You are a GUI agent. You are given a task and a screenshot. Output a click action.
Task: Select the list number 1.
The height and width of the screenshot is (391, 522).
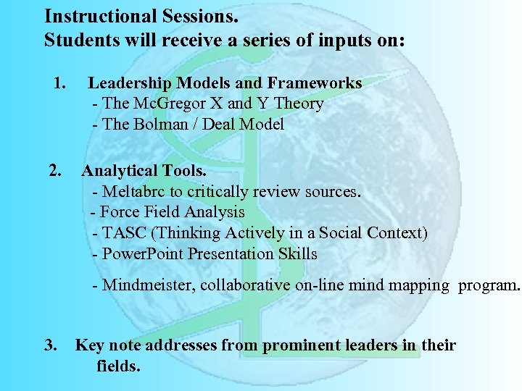(59, 83)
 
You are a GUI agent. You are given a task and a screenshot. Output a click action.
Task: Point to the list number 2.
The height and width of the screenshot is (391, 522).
(54, 171)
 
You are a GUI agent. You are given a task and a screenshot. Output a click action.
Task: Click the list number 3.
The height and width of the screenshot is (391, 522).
(51, 345)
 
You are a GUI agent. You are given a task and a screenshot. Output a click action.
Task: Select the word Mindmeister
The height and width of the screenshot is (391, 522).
(147, 285)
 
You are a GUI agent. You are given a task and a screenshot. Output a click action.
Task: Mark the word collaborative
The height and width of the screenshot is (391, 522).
(245, 285)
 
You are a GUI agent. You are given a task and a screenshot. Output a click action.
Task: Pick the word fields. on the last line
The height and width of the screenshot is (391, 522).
(118, 366)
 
